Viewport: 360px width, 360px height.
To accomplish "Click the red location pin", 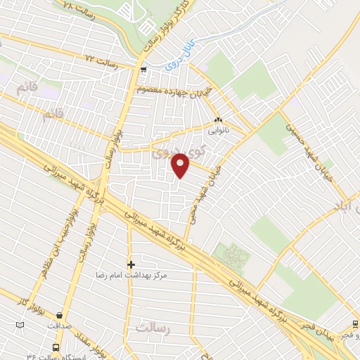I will (181, 165).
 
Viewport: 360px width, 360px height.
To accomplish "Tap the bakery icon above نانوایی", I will (218, 120).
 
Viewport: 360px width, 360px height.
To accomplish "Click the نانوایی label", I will (217, 130).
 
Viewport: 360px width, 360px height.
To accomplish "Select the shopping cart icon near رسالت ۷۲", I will (143, 70).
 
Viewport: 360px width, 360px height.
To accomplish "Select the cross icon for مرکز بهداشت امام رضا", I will (131, 264).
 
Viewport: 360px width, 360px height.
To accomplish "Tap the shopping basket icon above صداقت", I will (60, 316).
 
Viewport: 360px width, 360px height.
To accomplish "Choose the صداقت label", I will (60, 326).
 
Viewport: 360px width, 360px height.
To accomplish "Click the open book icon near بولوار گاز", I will (20, 324).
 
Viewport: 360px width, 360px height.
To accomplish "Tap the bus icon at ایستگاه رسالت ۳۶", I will (56, 347).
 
